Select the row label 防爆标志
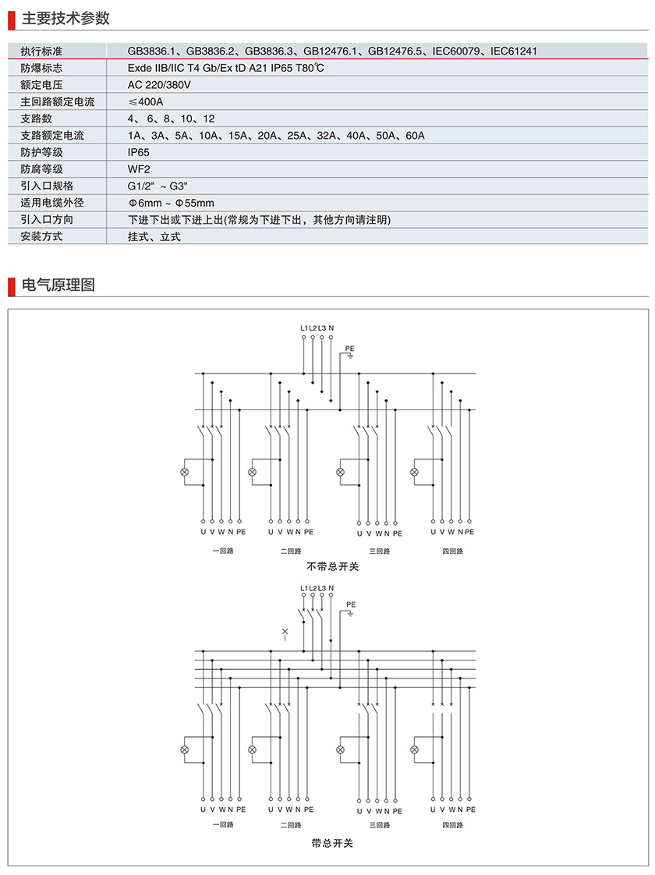(x=42, y=68)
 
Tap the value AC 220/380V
(x=160, y=84)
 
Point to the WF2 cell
(x=139, y=168)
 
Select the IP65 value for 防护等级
(x=139, y=152)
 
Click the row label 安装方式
(x=42, y=236)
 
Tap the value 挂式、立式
(x=154, y=236)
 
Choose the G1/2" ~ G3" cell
(x=158, y=186)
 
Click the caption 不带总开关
(x=332, y=566)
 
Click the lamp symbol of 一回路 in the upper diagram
(x=185, y=473)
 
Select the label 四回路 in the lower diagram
(x=452, y=824)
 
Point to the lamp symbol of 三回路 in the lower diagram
(x=340, y=749)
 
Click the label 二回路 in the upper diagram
(x=290, y=551)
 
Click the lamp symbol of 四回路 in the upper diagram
(x=415, y=473)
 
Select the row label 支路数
(x=37, y=119)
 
